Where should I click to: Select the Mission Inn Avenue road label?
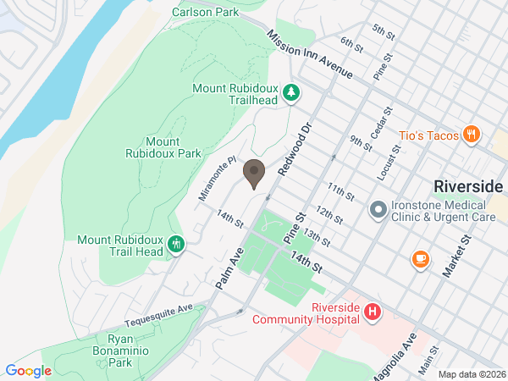pyautogui.click(x=309, y=55)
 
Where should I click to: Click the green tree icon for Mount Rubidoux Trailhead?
pyautogui.click(x=291, y=92)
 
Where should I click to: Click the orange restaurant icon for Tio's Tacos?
pyautogui.click(x=472, y=135)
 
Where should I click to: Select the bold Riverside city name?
pyautogui.click(x=467, y=186)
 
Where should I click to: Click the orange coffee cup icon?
pyautogui.click(x=419, y=260)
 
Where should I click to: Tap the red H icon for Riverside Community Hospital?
pyautogui.click(x=371, y=313)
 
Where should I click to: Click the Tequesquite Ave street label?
pyautogui.click(x=159, y=316)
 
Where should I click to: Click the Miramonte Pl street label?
pyautogui.click(x=215, y=179)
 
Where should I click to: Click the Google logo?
pyautogui.click(x=28, y=371)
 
